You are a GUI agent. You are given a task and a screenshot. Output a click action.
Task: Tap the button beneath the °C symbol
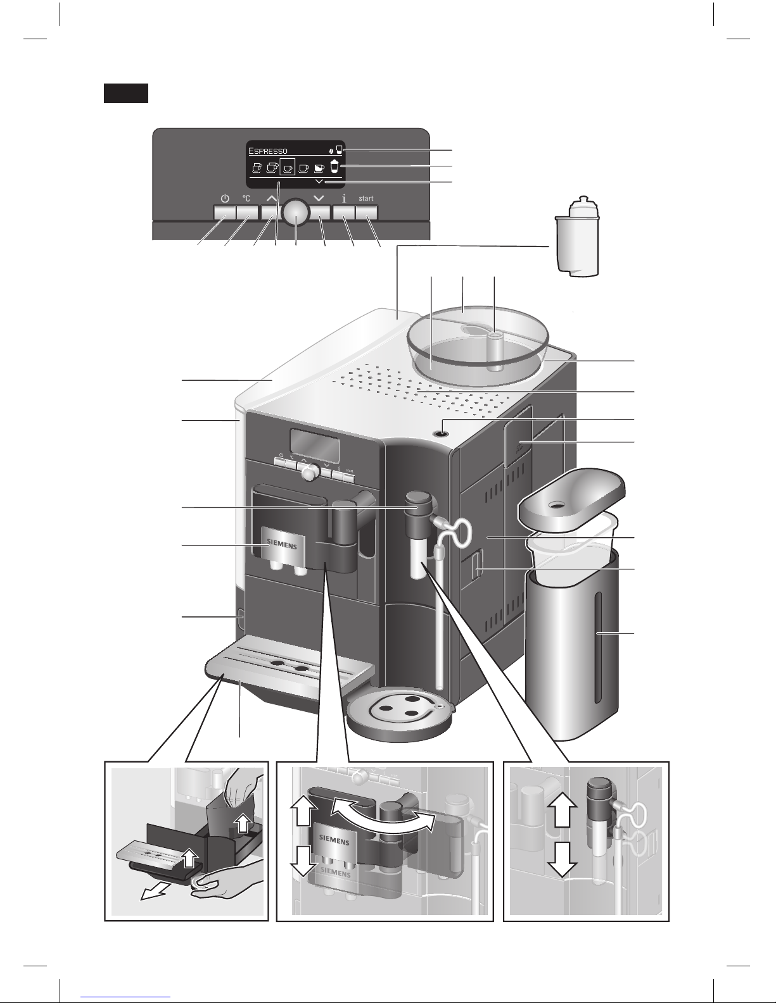(x=246, y=214)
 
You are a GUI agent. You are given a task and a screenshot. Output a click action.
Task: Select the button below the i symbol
(x=344, y=214)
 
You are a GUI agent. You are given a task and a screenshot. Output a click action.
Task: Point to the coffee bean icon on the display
(x=331, y=151)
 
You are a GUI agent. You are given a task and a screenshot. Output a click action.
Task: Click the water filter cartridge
(x=576, y=237)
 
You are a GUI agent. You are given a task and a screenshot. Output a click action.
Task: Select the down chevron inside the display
(x=319, y=182)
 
